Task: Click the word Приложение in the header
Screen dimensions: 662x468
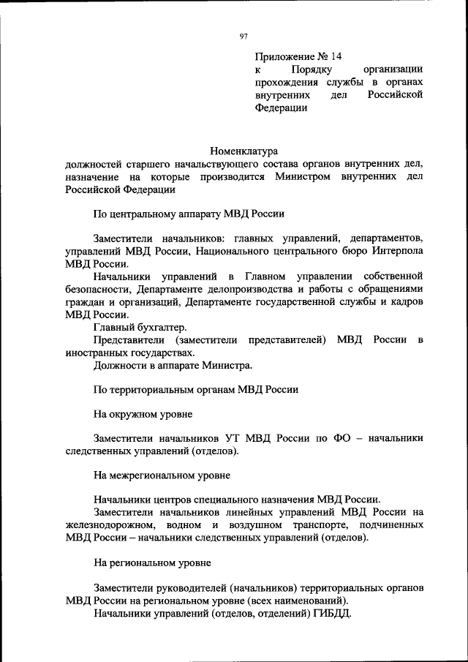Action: click(282, 56)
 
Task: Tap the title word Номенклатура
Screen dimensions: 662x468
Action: click(244, 151)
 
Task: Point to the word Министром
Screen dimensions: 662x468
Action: click(301, 177)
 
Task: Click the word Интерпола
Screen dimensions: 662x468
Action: click(394, 251)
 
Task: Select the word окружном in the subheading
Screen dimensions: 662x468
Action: click(135, 414)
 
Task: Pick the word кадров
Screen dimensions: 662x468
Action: click(407, 301)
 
